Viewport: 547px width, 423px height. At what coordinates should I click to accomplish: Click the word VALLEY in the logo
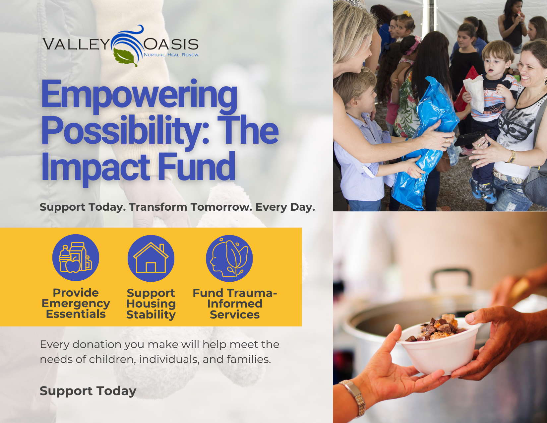click(x=76, y=44)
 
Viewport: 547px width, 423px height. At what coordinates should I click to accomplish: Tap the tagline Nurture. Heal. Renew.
click(x=171, y=55)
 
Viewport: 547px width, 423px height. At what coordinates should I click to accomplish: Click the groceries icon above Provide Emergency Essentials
click(x=76, y=258)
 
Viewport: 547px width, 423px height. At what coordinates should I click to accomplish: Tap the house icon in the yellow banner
click(x=151, y=258)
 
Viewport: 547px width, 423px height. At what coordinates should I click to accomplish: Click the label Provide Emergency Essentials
click(x=76, y=303)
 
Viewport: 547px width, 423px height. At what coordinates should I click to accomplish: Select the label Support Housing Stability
click(x=151, y=304)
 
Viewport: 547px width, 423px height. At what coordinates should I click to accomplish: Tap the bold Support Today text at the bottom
click(x=88, y=391)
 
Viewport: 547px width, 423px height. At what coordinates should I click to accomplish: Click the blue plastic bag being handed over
click(x=428, y=139)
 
